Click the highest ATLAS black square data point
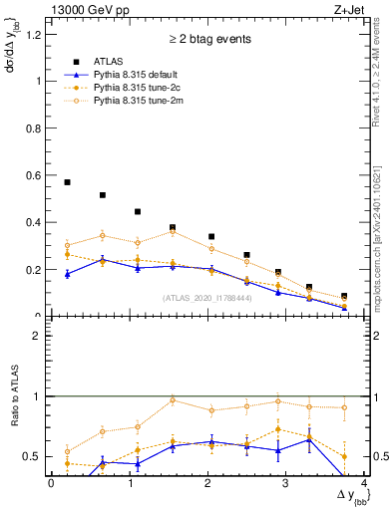coord(67,182)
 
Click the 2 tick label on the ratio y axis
coord(37,336)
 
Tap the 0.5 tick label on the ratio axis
coord(33,456)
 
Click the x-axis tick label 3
coord(286,483)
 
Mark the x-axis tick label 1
coord(130,483)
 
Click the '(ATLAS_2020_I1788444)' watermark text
coord(206,297)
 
